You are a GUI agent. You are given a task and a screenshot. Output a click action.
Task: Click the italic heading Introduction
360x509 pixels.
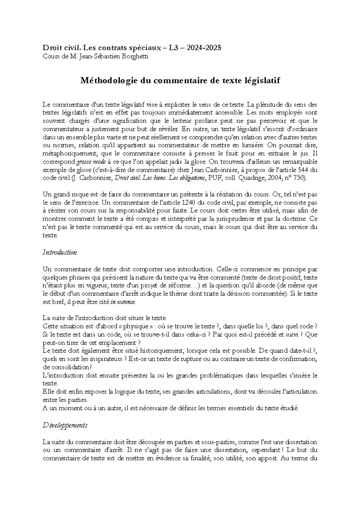coord(60,252)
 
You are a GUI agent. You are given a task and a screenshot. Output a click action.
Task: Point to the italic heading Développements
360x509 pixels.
coord(65,425)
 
